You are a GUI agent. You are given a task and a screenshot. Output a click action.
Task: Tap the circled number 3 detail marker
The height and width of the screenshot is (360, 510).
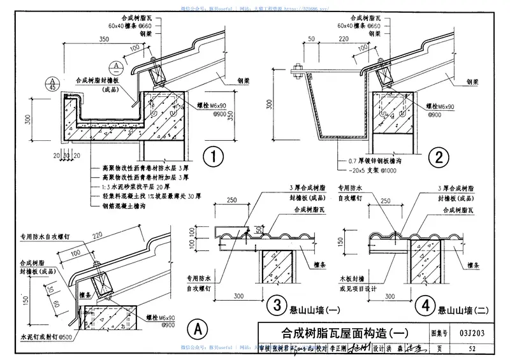[277, 305]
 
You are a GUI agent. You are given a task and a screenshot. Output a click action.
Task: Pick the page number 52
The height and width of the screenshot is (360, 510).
[472, 348]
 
